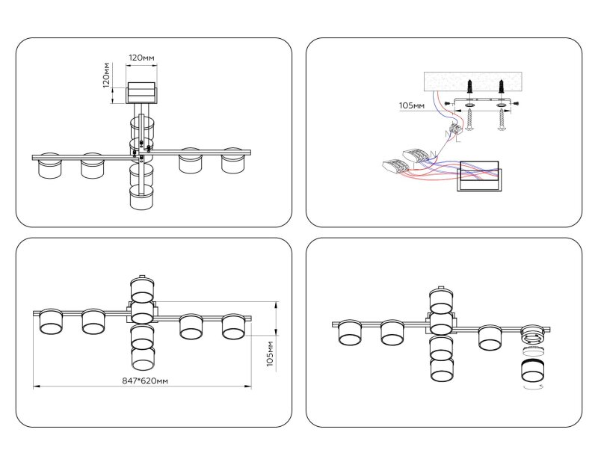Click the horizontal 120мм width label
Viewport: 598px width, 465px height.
tap(141, 58)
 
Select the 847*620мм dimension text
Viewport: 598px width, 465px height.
tap(145, 381)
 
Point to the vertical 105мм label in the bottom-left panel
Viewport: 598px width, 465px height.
tap(270, 354)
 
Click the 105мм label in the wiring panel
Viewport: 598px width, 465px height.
tap(412, 105)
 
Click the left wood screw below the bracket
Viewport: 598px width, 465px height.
tap(469, 120)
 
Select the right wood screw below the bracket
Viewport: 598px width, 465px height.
tap(502, 120)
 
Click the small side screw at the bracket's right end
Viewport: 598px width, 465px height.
tap(515, 102)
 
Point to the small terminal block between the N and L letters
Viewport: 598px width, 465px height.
tap(456, 129)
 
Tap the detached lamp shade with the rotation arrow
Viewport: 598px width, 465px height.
tap(532, 371)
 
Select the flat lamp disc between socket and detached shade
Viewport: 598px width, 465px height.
tap(532, 351)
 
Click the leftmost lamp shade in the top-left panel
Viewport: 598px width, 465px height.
tap(50, 165)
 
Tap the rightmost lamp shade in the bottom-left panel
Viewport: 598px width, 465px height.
tap(234, 327)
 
